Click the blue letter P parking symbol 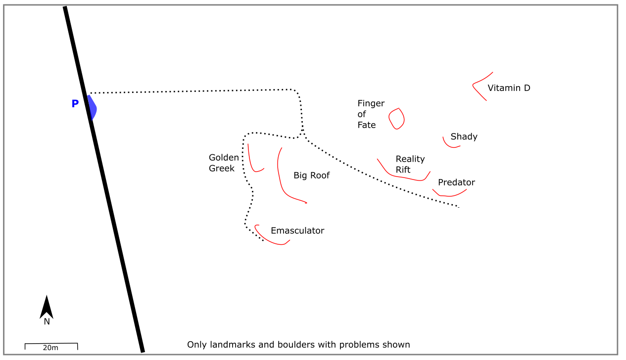point(75,104)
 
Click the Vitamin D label point(509,88)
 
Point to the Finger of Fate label point(371,114)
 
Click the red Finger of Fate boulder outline point(396,119)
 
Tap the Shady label point(464,136)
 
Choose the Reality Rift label point(410,164)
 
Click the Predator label point(456,182)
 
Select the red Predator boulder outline point(448,195)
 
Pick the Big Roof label point(311,176)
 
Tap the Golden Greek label point(224,163)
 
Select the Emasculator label point(297,231)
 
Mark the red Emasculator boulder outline point(270,241)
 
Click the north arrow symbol point(47,308)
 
